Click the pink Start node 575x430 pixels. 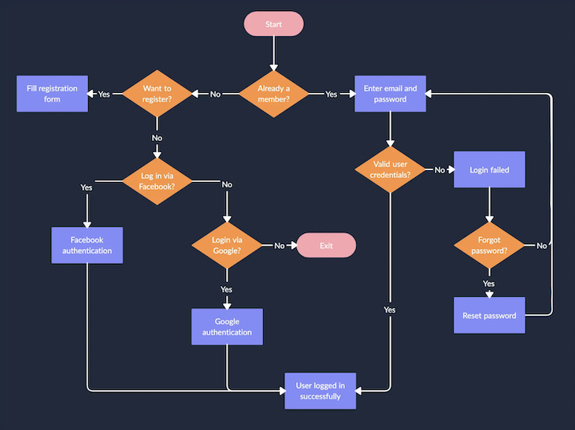point(273,24)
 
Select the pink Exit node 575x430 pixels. point(326,246)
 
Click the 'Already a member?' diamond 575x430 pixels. point(273,94)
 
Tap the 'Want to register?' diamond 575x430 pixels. point(157,94)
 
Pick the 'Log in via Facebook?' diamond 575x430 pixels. point(157,181)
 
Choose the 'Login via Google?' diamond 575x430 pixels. point(227,245)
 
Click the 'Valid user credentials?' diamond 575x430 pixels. point(390,169)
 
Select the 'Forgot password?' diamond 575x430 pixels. point(489,246)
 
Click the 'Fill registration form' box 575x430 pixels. point(52,94)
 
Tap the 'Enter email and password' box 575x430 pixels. point(390,94)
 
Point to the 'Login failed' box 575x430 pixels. point(489,169)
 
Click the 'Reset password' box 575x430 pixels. point(489,315)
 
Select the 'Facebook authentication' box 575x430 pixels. point(87,246)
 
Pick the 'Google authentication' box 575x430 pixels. point(227,327)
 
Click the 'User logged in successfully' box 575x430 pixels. point(320,391)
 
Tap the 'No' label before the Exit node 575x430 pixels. point(280,246)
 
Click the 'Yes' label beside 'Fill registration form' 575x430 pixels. point(104,94)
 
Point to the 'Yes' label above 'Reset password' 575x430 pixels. point(489,283)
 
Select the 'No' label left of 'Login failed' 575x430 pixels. point(440,169)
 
